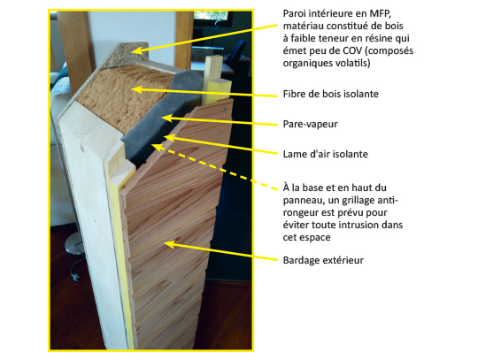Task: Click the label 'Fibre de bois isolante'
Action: coord(331,94)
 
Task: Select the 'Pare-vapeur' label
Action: coord(311,124)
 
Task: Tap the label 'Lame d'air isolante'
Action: coord(325,154)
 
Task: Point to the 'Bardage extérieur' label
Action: coord(323,260)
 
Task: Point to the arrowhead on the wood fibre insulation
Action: coord(136,89)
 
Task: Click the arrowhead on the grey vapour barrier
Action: coord(166,119)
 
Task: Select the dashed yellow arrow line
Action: coord(214,167)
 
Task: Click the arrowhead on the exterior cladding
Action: coord(169,244)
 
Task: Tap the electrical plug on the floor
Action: coord(75,277)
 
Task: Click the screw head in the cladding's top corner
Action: coord(225,109)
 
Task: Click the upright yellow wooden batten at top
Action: coord(214,80)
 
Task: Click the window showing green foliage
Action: coord(211,16)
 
